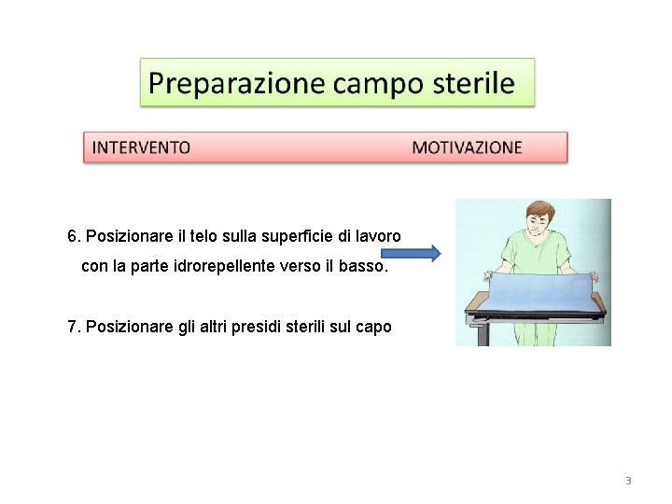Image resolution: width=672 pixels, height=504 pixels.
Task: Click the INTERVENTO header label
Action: tap(142, 147)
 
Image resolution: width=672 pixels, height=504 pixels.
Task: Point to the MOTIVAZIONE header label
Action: tap(467, 147)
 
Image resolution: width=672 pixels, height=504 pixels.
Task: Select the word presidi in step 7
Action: tap(267, 327)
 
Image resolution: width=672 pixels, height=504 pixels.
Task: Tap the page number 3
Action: tap(627, 481)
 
